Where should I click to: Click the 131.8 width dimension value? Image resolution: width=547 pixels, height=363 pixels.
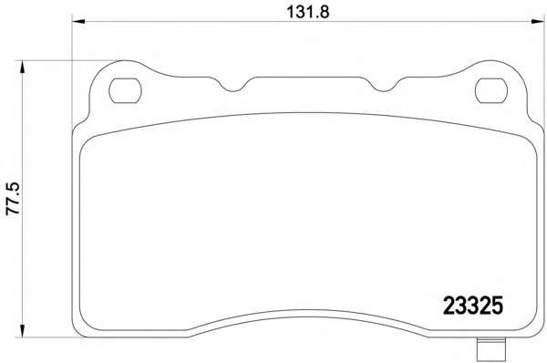tap(308, 13)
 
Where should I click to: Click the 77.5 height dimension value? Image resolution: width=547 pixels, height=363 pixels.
tap(14, 199)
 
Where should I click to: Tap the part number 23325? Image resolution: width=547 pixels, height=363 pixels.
tap(473, 306)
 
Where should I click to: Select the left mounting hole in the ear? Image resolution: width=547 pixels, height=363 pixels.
tap(125, 91)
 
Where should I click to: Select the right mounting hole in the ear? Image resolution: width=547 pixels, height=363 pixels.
tap(491, 91)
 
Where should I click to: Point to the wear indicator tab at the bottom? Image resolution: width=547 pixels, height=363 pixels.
tap(491, 350)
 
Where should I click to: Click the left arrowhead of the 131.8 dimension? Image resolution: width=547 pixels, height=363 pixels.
tap(78, 22)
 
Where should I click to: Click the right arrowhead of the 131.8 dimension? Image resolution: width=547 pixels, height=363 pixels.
tap(538, 22)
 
